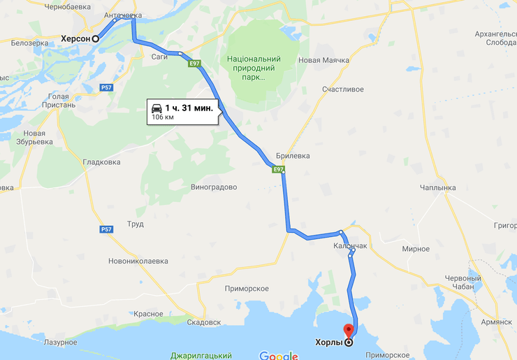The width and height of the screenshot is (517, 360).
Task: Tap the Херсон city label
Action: [75, 38]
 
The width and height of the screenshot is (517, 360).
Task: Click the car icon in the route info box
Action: [156, 108]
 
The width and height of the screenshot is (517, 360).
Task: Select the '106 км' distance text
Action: [163, 117]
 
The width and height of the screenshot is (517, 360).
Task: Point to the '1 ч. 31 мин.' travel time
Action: [189, 108]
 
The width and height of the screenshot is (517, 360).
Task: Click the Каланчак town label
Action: [350, 246]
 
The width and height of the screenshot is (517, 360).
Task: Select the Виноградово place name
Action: [214, 187]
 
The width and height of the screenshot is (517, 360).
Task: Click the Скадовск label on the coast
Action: [204, 322]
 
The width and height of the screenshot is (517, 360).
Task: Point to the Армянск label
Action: [496, 322]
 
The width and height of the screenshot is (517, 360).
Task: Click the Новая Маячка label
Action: [323, 60]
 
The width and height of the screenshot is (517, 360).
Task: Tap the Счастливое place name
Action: [343, 89]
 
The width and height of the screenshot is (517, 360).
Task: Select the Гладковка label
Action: [101, 162]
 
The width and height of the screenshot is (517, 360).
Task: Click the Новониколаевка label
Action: [138, 261]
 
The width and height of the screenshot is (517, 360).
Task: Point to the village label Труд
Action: [136, 224]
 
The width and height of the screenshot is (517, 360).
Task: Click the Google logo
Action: [278, 356]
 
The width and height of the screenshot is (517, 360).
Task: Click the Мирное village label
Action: [416, 249]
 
